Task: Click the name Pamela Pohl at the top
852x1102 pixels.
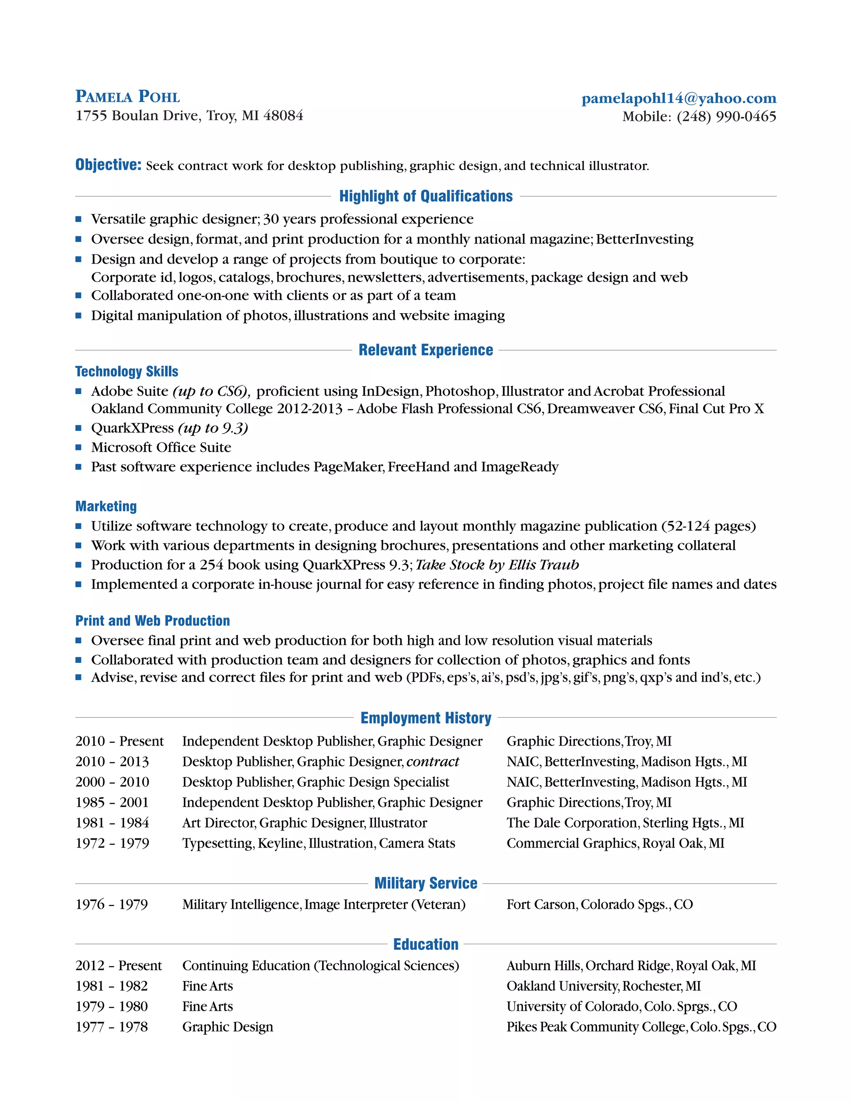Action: [x=127, y=96]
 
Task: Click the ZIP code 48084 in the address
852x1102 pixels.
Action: [x=283, y=116]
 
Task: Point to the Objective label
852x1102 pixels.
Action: [x=108, y=165]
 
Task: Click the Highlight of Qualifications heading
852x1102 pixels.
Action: [x=426, y=196]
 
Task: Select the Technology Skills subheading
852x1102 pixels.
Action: [x=127, y=371]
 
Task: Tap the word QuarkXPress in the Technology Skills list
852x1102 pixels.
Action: [x=132, y=428]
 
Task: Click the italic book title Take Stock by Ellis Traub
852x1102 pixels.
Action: [x=497, y=565]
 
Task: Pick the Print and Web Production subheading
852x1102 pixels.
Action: [x=152, y=620]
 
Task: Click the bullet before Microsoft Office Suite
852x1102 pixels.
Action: [x=78, y=447]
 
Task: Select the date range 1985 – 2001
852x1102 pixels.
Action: [x=112, y=802]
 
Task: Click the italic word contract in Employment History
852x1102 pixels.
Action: [x=433, y=761]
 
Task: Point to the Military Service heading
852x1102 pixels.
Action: [x=426, y=883]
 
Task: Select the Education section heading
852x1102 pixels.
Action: [x=426, y=944]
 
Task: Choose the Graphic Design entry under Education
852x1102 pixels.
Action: [x=228, y=1027]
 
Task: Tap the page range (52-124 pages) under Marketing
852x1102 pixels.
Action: [x=708, y=526]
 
